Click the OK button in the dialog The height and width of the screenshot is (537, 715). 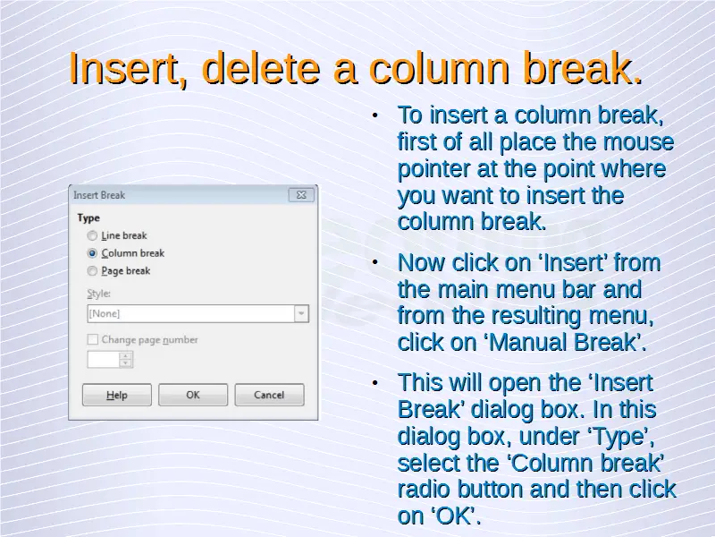tap(193, 395)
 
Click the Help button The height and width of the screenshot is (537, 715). tap(117, 395)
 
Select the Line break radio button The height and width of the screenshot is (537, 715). tap(92, 235)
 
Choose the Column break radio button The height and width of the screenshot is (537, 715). tap(92, 253)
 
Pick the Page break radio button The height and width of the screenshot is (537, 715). tap(92, 271)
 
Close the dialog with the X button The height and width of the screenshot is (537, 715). tap(301, 195)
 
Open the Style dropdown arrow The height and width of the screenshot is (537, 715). tap(301, 314)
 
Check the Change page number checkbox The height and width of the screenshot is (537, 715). tap(93, 339)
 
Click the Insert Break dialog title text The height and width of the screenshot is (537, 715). tap(99, 195)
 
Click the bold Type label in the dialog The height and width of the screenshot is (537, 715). tap(88, 217)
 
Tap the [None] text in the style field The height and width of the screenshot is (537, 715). tap(105, 314)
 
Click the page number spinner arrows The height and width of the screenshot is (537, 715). tap(126, 360)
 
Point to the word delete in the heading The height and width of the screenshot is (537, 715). tap(261, 69)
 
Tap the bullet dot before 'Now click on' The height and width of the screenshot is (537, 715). tap(375, 262)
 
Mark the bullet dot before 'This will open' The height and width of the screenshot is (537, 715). tap(375, 382)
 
